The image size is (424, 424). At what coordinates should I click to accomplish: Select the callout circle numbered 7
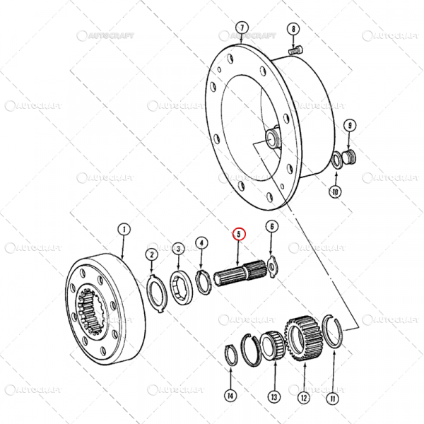[242, 28]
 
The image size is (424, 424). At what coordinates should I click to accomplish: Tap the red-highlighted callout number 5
[239, 233]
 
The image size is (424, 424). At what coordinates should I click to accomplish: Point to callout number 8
[292, 29]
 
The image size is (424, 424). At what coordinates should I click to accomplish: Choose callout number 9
[349, 126]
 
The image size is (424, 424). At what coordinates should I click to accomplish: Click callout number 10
[336, 191]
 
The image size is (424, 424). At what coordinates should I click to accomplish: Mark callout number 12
[304, 398]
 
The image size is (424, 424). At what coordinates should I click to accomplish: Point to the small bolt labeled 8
[297, 49]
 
